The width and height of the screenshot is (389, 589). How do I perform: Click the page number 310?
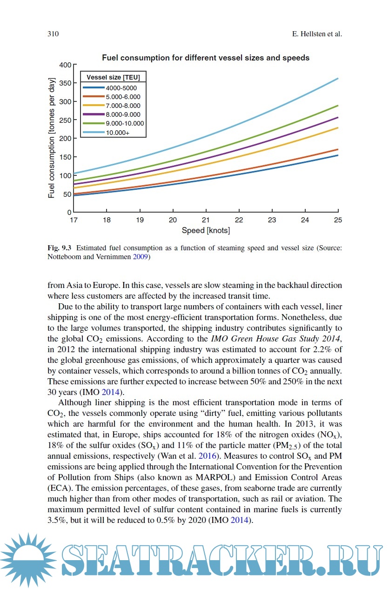tap(52, 34)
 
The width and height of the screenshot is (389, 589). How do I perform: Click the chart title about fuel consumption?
tap(206, 58)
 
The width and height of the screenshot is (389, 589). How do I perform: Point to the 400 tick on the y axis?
tap(64, 65)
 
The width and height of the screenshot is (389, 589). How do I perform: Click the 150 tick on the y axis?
tap(64, 157)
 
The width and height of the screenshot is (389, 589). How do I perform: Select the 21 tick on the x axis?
tap(206, 220)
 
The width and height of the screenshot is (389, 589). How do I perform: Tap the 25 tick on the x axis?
tap(338, 220)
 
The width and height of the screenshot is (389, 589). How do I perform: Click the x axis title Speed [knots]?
tap(206, 230)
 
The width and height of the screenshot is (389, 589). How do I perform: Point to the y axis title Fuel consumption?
tap(52, 138)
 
